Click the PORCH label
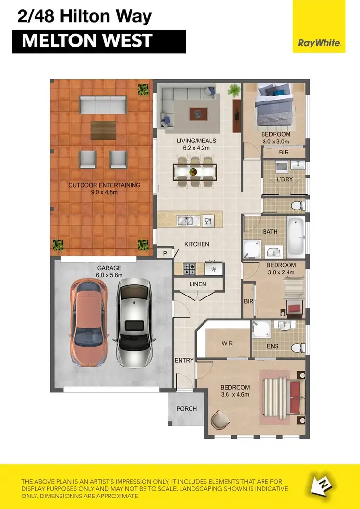(187, 409)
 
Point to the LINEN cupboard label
(198, 284)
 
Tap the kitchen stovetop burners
(189, 269)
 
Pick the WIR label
(227, 344)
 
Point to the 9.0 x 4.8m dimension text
(104, 192)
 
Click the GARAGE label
(109, 268)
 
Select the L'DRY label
(285, 180)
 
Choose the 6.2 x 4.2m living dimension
(196, 148)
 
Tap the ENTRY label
(184, 361)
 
